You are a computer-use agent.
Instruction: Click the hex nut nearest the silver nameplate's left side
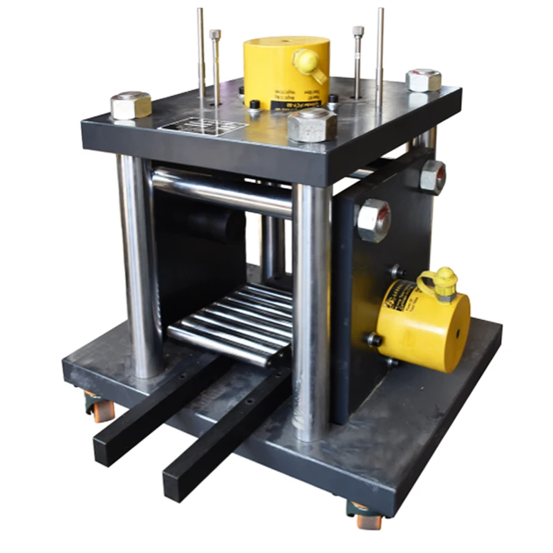[131, 105]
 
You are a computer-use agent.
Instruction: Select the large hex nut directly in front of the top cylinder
[312, 124]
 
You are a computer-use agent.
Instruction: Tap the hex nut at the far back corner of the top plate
[423, 80]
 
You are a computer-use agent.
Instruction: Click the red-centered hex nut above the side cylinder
[373, 220]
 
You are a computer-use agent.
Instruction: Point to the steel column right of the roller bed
[311, 311]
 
